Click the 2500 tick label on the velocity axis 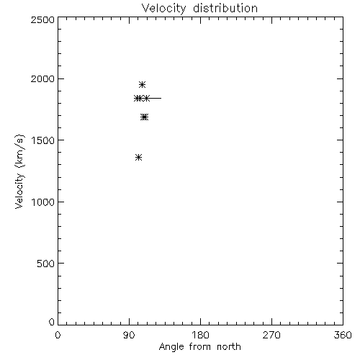[42, 19]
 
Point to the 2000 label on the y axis [42, 78]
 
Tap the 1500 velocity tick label [43, 140]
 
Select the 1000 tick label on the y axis [43, 202]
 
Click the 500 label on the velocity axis [45, 264]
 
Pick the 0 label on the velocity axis [52, 322]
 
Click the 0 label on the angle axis [58, 335]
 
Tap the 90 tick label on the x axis [129, 335]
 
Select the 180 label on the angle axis [200, 335]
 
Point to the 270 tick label [271, 335]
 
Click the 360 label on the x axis [343, 335]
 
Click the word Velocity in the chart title [163, 9]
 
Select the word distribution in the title [225, 8]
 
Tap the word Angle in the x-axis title [171, 347]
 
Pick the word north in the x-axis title [229, 347]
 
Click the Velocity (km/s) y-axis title [19, 171]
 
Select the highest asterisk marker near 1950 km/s [142, 84]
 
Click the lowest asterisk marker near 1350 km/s [138, 158]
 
